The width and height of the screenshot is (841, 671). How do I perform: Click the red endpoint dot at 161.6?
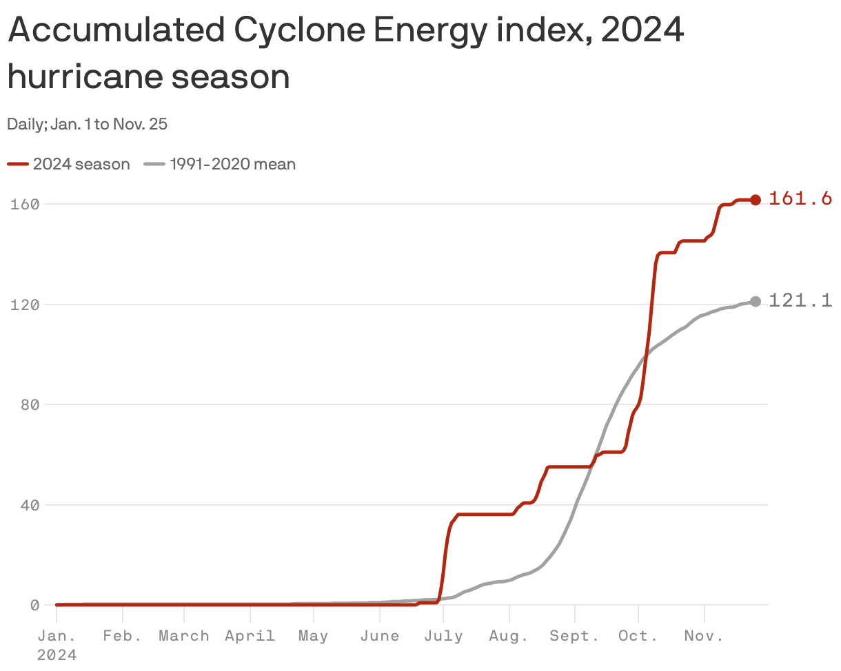click(756, 200)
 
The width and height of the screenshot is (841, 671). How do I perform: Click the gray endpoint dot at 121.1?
click(756, 302)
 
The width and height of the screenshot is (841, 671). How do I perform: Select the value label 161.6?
click(800, 199)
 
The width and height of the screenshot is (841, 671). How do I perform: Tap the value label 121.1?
click(800, 300)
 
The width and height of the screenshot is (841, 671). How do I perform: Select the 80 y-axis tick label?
click(29, 404)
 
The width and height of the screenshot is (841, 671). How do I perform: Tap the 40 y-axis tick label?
click(29, 504)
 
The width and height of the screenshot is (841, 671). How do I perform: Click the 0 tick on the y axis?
click(33, 605)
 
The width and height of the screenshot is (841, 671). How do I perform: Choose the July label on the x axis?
click(443, 636)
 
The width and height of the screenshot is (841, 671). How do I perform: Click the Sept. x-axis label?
click(574, 636)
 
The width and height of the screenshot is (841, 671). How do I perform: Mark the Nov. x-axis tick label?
click(704, 636)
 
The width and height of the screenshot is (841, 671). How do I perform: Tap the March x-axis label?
click(184, 636)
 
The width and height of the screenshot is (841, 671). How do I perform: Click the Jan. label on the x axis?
click(57, 636)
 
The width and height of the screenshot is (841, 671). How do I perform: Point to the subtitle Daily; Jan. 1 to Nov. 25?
click(88, 125)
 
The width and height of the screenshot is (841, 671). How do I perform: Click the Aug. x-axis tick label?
click(509, 636)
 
